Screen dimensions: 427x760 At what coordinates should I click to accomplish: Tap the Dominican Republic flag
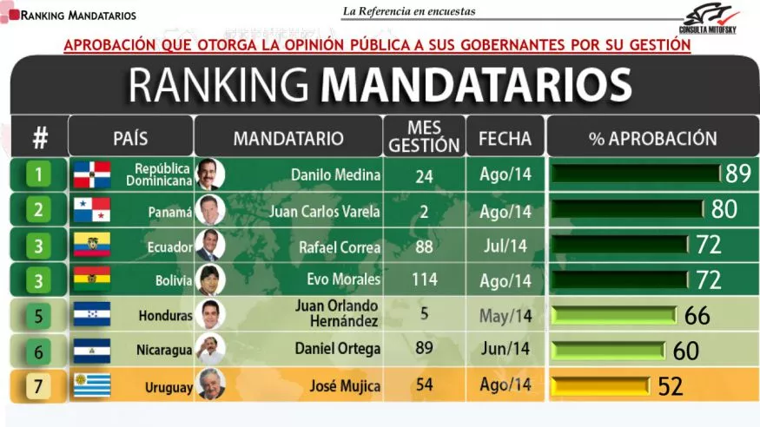(x=91, y=174)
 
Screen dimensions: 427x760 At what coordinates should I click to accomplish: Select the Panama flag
(x=91, y=210)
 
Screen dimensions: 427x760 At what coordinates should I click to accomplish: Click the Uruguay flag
(x=91, y=384)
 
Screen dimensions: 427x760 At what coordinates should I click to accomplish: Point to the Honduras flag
(x=91, y=314)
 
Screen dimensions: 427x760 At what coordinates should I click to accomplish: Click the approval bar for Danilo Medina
(x=636, y=174)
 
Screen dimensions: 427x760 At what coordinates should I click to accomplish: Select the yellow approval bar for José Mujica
(x=601, y=385)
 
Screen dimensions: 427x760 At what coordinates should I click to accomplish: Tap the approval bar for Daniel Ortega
(x=610, y=350)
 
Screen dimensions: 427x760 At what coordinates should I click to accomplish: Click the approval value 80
(x=724, y=209)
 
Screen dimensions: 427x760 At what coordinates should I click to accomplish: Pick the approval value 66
(x=697, y=315)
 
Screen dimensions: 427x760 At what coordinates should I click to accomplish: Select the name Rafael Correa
(x=340, y=246)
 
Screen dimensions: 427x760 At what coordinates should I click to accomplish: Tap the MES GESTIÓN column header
(x=424, y=137)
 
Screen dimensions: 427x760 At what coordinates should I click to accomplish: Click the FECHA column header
(x=505, y=138)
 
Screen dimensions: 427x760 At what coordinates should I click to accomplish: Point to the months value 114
(x=424, y=280)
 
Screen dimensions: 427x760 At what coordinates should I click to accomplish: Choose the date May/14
(x=505, y=315)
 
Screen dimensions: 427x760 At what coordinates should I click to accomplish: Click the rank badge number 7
(x=37, y=385)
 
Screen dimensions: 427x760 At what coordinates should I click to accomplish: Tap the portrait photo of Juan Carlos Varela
(x=210, y=210)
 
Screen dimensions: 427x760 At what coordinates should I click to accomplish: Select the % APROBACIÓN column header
(x=652, y=138)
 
